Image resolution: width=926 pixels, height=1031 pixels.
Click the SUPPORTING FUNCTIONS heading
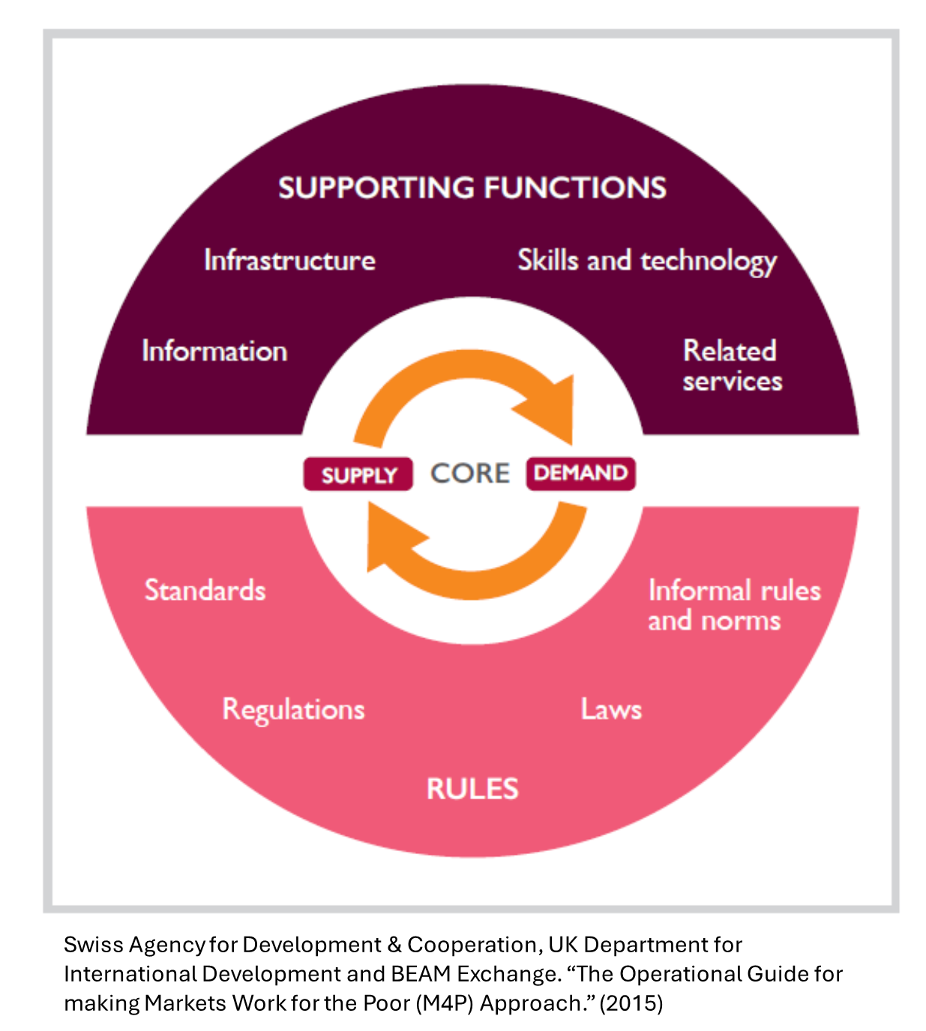[472, 187]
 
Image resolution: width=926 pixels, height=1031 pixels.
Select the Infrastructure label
[289, 260]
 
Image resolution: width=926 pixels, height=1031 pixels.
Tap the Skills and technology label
[647, 261]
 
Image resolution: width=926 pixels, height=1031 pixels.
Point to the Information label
[214, 351]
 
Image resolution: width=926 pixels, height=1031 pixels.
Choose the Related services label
[732, 366]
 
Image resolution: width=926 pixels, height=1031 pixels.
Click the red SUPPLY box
[358, 475]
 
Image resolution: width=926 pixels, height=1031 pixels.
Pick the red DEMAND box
[580, 473]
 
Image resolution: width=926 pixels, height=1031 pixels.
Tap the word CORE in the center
[470, 473]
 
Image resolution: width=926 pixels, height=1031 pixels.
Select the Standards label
[205, 590]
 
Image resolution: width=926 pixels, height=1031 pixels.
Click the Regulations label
[293, 709]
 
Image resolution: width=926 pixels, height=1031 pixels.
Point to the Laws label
[611, 709]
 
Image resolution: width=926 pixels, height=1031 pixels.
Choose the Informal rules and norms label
[733, 605]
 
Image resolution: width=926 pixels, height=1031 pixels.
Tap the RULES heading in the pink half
[472, 789]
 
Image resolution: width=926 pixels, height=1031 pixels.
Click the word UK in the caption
[562, 945]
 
